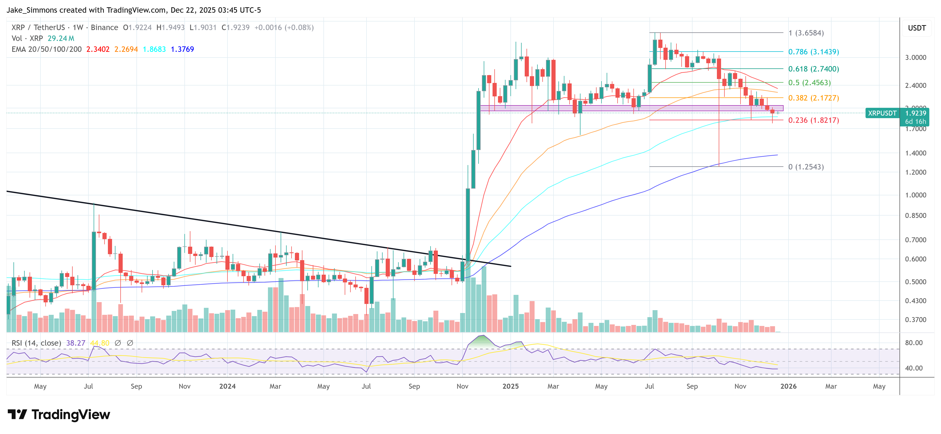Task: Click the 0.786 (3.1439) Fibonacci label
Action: [x=813, y=52]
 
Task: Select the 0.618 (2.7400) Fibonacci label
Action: [x=813, y=69]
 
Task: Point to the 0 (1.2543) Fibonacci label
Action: [x=806, y=167]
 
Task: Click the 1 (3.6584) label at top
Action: [x=806, y=33]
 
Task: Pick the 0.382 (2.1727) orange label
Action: [x=813, y=98]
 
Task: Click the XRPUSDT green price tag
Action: [x=882, y=113]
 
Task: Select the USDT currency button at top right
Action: [x=917, y=28]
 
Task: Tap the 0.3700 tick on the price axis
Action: [x=915, y=320]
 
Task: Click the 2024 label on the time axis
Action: [x=227, y=386]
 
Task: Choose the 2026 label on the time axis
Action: [x=788, y=386]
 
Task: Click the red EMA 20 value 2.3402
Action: [x=98, y=49]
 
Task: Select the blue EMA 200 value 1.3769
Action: [x=182, y=49]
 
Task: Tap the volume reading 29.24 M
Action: [x=61, y=38]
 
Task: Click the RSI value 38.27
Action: [x=76, y=343]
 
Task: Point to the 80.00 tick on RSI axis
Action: [x=914, y=343]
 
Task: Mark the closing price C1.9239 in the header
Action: [x=236, y=27]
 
